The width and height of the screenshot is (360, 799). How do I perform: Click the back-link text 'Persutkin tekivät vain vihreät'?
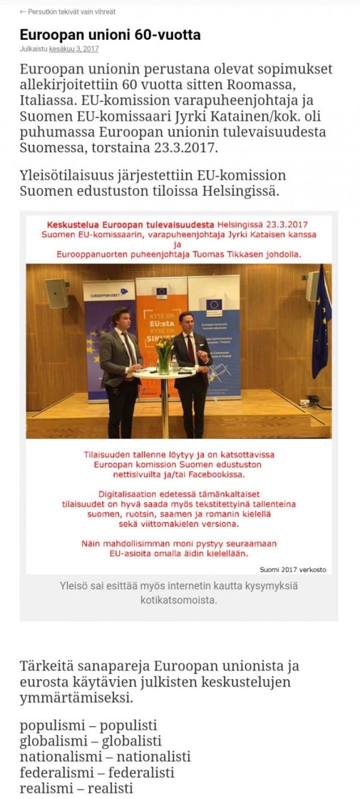coord(71,12)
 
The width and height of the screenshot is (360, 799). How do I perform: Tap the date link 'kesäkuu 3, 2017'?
coord(74,49)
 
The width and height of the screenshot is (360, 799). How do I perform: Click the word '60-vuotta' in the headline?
coord(163,34)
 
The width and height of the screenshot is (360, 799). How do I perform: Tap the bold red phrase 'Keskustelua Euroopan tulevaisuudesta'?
coord(131,223)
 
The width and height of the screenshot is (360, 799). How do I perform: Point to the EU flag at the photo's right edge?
coord(321,325)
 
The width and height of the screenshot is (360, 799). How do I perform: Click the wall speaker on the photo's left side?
coord(57,293)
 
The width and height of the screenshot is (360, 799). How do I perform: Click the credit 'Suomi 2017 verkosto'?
coord(293,569)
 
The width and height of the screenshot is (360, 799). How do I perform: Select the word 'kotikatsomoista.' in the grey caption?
coord(178,600)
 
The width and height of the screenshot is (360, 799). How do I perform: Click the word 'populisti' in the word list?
coord(129,725)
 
